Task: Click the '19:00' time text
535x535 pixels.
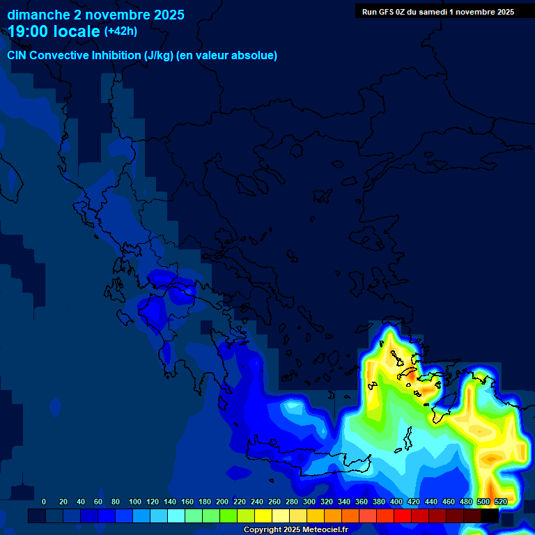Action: (28, 31)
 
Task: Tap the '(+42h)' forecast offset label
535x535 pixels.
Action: (121, 31)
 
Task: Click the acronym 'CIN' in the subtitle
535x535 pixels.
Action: (17, 56)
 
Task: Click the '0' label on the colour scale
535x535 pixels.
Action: (44, 502)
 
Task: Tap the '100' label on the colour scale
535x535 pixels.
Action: (135, 502)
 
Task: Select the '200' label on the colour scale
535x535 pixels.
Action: (222, 502)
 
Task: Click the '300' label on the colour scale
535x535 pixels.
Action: (309, 502)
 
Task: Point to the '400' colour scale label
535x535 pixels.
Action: (396, 502)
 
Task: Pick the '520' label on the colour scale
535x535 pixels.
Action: (500, 502)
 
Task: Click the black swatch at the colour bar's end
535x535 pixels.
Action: (490, 516)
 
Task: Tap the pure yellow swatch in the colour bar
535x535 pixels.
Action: (263, 516)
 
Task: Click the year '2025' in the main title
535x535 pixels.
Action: (169, 14)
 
